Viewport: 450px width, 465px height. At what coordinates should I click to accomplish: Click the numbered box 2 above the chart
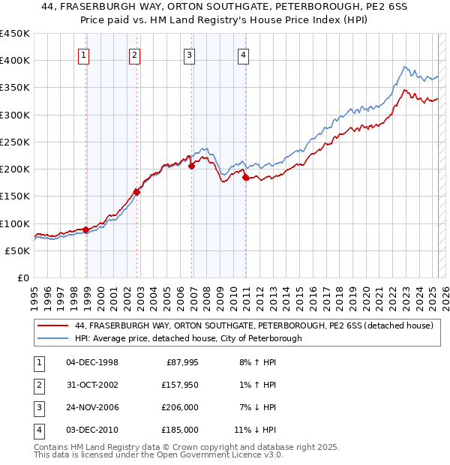133,54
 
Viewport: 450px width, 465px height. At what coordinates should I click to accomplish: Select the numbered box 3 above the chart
189,54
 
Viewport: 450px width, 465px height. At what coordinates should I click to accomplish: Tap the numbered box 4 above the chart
244,54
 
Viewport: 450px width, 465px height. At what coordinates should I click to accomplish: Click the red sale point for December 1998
86,229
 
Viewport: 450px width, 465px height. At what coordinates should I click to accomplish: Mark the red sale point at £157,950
137,192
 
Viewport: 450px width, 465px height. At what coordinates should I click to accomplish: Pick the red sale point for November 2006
192,166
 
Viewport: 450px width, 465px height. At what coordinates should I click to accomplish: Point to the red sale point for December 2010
245,177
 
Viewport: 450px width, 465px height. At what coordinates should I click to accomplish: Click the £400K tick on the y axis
15,61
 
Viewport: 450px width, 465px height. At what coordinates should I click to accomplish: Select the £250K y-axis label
15,142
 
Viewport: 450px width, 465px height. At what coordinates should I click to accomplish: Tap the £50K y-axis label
18,250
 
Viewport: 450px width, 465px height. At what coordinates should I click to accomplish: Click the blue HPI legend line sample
52,338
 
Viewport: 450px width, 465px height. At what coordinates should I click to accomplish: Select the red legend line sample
52,326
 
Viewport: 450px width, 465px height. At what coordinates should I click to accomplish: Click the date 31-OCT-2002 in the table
93,385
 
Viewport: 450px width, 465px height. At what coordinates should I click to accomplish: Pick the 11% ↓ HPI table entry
256,430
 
